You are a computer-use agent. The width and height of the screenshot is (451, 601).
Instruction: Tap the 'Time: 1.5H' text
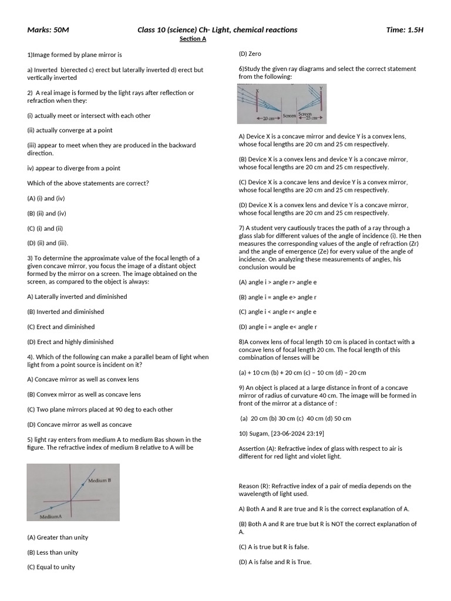tap(405, 30)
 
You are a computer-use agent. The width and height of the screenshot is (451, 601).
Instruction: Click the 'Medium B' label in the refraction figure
tap(100, 481)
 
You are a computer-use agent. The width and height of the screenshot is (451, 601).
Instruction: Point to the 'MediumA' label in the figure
tap(52, 516)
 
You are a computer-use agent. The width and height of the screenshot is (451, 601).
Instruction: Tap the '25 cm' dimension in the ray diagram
tap(312, 119)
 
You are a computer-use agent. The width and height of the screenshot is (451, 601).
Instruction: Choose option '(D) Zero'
tap(250, 53)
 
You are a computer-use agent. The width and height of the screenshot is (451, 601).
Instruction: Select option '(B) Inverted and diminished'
tap(65, 312)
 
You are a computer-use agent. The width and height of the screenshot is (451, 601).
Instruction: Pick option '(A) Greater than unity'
tap(58, 537)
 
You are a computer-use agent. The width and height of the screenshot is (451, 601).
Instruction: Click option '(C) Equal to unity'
tap(51, 567)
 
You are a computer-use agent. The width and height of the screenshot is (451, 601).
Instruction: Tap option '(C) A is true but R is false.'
tap(274, 546)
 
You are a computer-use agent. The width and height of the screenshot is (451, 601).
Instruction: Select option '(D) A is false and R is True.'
tap(275, 562)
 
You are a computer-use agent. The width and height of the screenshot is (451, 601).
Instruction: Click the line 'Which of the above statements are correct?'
tap(88, 183)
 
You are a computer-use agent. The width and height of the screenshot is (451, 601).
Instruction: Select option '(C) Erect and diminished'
tap(60, 327)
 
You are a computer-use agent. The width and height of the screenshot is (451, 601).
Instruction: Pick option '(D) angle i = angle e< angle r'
tap(278, 327)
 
